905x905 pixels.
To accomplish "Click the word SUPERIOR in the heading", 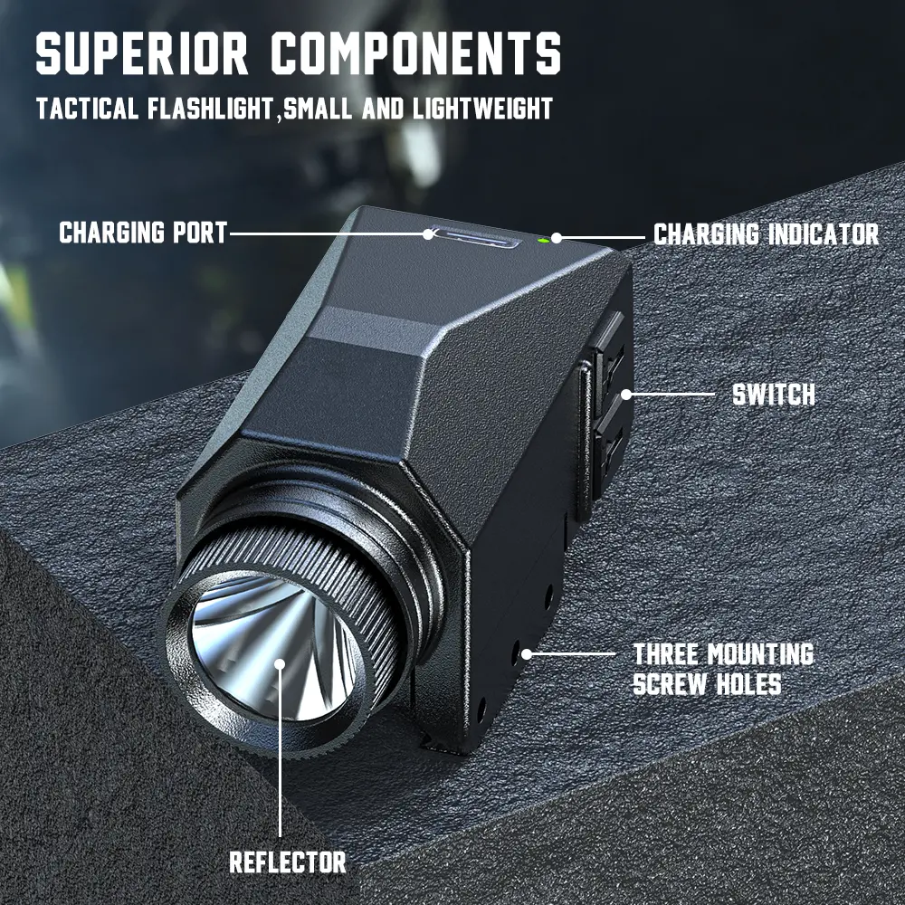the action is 142,53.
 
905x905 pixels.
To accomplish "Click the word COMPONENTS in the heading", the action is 416,53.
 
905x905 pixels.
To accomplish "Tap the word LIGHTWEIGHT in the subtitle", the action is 482,108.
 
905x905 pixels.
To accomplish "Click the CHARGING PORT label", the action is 143,233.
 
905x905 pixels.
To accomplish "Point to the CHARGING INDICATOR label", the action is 766,234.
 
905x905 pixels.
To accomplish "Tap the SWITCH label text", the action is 774,395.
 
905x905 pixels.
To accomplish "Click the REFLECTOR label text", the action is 288,862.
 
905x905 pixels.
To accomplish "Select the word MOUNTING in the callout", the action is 761,654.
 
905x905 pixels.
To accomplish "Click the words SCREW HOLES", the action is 707,684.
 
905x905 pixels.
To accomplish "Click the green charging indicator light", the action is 542,241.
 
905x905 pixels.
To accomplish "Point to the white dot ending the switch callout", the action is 626,395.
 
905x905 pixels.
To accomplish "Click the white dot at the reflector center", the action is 280,663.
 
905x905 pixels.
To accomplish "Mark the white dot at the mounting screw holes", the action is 527,654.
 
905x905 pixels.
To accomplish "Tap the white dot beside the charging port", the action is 428,233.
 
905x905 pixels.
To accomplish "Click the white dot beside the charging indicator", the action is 557,237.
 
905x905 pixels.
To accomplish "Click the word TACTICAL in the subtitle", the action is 87,108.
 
